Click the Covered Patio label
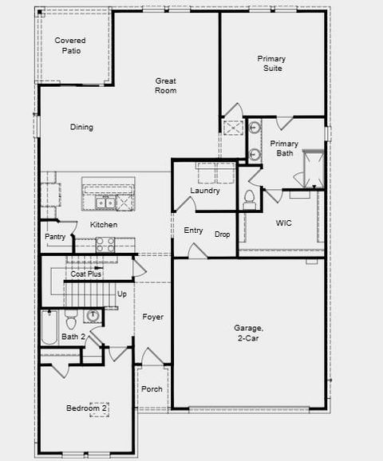click(x=70, y=45)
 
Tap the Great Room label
click(x=166, y=85)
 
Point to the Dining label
click(x=81, y=127)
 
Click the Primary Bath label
click(x=284, y=148)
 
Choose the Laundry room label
click(x=205, y=191)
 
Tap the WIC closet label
click(x=283, y=223)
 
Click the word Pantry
click(x=55, y=237)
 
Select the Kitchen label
click(x=104, y=225)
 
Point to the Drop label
click(x=223, y=234)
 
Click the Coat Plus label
click(x=85, y=274)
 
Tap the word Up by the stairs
click(x=122, y=294)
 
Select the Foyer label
click(x=153, y=317)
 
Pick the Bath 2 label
click(x=73, y=337)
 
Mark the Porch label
click(x=152, y=389)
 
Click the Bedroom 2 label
click(x=87, y=409)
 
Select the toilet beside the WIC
click(x=249, y=197)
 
